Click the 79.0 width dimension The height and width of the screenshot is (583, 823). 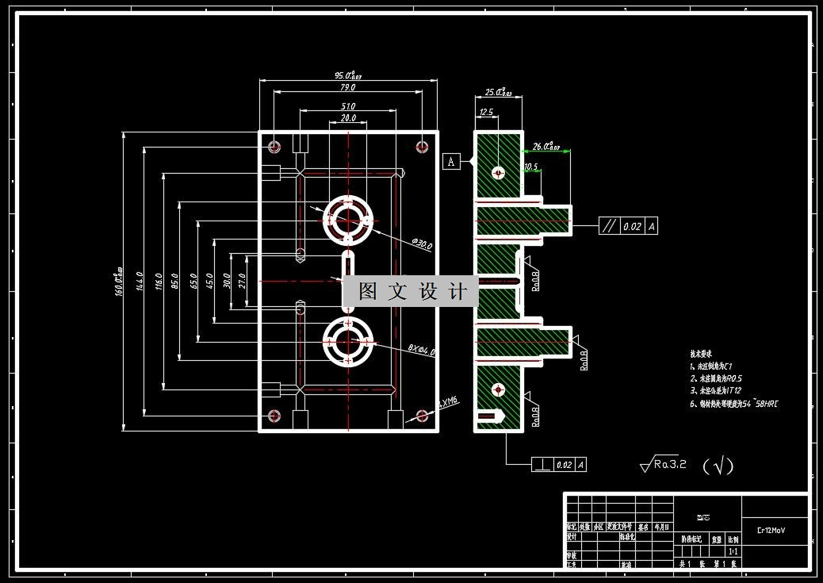[x=347, y=87]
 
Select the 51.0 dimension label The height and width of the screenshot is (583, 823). [x=347, y=106]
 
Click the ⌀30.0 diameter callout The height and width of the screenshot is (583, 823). [x=422, y=245]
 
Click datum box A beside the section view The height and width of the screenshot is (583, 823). [x=451, y=162]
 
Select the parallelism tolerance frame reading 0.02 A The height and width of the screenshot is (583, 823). [x=628, y=226]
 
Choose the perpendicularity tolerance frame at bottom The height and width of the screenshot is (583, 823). [x=559, y=465]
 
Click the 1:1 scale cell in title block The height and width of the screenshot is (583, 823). [x=733, y=550]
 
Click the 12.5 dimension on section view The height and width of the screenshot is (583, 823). [x=486, y=113]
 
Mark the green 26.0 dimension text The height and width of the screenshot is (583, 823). [x=546, y=146]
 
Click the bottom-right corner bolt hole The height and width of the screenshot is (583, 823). [x=422, y=416]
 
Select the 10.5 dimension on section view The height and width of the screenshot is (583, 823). [x=530, y=167]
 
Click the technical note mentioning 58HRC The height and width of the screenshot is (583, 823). [x=733, y=404]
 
